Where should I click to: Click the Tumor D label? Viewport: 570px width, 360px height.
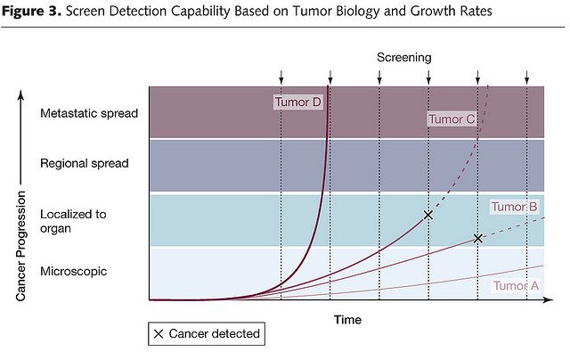[297, 102]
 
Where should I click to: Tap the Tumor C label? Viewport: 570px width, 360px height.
[451, 119]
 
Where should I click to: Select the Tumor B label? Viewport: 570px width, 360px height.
[514, 207]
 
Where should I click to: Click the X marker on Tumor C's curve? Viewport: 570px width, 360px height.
[428, 215]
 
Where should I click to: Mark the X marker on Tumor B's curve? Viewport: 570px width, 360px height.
[478, 238]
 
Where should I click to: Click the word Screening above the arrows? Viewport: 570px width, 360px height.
[404, 57]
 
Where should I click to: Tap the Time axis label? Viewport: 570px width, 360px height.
[347, 318]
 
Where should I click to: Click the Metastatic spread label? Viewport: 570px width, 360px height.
[89, 113]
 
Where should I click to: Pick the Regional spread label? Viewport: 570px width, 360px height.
[85, 163]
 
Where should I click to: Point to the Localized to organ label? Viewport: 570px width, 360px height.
[73, 221]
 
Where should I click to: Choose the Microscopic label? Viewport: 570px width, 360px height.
[74, 271]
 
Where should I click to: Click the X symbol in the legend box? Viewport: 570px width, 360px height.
[159, 334]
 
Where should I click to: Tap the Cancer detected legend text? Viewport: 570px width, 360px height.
[215, 334]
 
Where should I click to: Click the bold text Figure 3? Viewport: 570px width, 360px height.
[31, 12]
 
